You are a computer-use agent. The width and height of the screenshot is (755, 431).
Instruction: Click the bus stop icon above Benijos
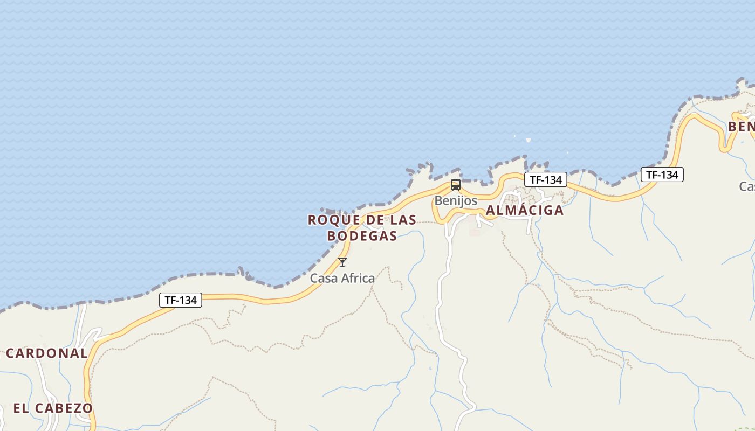(x=456, y=185)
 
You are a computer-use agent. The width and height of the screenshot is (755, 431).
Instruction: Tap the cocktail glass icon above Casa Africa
(x=342, y=262)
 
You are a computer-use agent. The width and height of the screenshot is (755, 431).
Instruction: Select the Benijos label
(x=456, y=201)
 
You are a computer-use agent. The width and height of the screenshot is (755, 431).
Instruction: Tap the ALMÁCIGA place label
(x=525, y=211)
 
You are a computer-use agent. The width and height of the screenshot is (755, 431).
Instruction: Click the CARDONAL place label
(x=47, y=354)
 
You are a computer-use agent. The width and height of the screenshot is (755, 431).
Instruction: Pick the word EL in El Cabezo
(x=20, y=408)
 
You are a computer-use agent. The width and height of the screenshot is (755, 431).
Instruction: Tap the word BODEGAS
(x=362, y=236)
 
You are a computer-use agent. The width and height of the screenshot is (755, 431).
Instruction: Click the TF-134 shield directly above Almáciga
(x=546, y=180)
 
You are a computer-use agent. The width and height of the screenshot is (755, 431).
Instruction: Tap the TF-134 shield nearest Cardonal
(x=181, y=300)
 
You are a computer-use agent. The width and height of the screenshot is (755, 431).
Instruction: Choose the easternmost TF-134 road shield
(x=662, y=175)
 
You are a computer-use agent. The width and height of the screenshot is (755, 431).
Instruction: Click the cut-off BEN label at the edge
(x=742, y=127)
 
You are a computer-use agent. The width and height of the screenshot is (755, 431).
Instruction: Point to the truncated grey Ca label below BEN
(x=747, y=186)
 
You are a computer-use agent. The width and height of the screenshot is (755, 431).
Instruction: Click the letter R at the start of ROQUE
(x=312, y=220)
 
